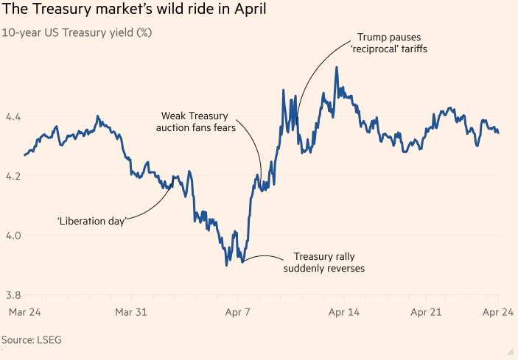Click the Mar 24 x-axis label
[24, 312]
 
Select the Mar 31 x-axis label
[131, 312]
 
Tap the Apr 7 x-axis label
[237, 312]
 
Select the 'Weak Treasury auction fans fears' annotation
[195, 121]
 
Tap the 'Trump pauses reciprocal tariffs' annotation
[389, 43]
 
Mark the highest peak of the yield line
[337, 67]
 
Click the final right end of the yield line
[499, 133]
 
